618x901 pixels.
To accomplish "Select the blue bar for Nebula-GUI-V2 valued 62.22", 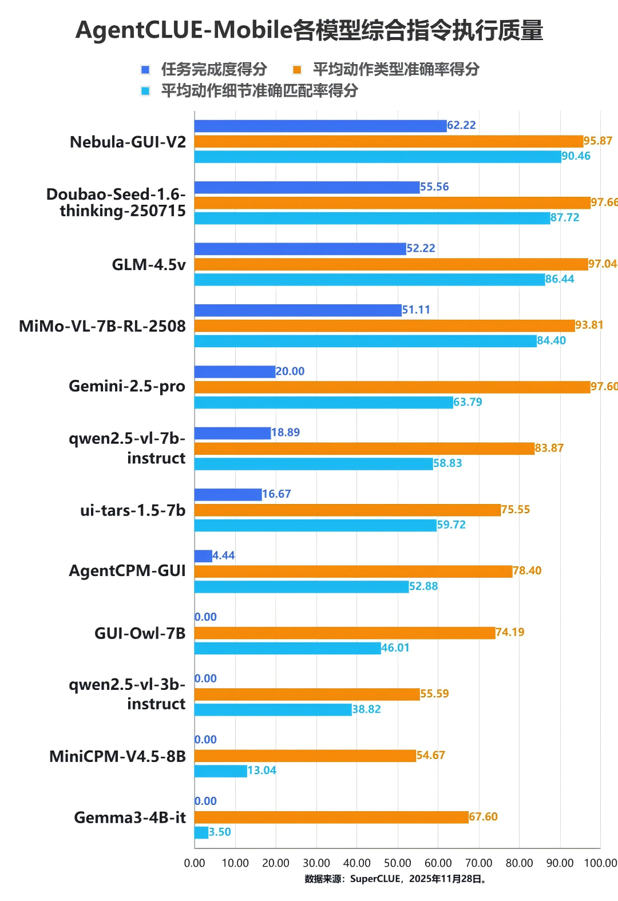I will [320, 126].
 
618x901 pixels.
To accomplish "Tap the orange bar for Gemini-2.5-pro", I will [392, 387].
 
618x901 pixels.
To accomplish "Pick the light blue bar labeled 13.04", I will [221, 771].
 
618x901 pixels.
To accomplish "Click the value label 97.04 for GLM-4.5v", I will [603, 264].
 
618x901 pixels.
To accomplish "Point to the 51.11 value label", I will [416, 310].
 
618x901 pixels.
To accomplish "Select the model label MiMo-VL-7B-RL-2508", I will [102, 326].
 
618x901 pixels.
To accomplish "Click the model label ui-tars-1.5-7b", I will [133, 510].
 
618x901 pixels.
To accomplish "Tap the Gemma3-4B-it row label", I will [130, 817].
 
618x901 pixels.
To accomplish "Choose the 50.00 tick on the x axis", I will [397, 863].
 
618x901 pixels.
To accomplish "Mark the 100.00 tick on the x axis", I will [600, 863].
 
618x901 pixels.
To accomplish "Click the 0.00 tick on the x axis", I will [195, 863].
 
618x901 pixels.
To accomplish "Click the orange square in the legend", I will [297, 70].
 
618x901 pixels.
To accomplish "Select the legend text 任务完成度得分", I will [214, 70].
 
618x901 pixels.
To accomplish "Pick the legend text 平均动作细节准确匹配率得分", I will [259, 90].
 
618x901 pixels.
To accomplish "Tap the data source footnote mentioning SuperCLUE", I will [396, 879].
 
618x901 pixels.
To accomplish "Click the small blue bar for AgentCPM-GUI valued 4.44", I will [203, 556].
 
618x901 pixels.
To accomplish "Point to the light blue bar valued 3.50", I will [201, 832].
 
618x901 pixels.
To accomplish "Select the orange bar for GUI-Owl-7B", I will [344, 633].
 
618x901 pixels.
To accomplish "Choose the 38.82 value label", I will [366, 709].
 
